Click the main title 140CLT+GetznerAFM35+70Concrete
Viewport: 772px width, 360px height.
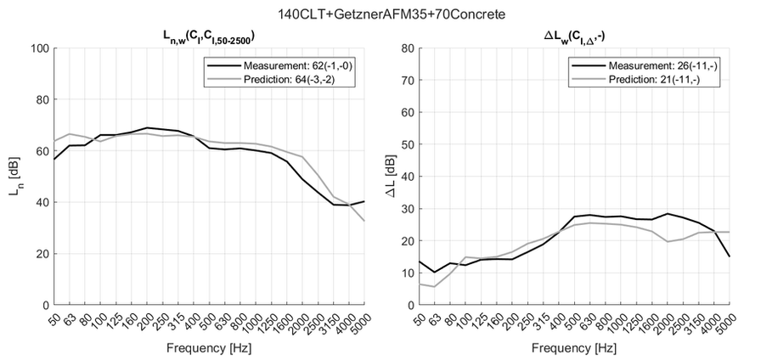(386, 14)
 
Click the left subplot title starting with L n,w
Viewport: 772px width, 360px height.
(209, 36)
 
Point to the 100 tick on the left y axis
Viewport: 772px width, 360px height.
(38, 48)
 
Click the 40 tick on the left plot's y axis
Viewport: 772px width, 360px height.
(42, 202)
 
